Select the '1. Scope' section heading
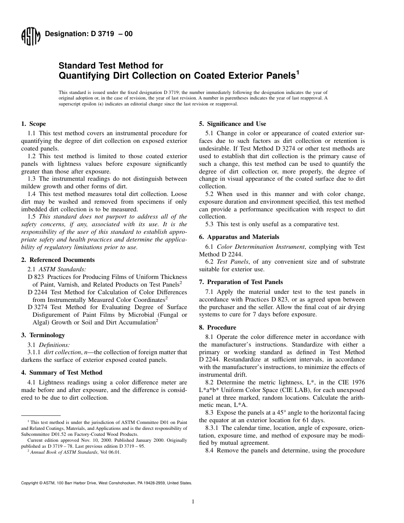tap(34, 124)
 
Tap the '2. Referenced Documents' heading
tap(58, 260)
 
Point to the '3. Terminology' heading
tap(43, 335)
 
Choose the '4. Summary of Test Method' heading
tap(62, 372)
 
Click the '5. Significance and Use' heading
tap(233, 124)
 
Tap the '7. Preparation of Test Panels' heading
tap(241, 282)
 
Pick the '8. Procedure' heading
tap(217, 327)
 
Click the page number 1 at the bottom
tap(193, 502)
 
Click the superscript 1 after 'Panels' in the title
tap(298, 73)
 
